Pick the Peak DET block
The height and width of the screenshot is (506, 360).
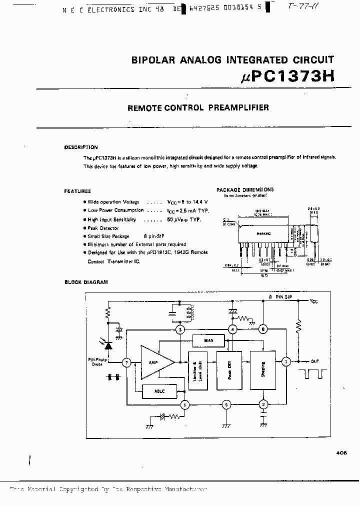pos(229,370)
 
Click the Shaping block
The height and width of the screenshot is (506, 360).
pos(263,370)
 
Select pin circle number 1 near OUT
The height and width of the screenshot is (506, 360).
pos(286,361)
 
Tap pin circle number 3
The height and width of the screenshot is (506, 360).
pos(181,329)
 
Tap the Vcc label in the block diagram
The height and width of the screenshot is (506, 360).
pos(314,301)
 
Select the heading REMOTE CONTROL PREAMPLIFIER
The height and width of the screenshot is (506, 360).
pos(198,107)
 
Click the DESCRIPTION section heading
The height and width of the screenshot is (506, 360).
pos(81,147)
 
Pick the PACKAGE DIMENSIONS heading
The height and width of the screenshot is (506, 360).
pos(245,190)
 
